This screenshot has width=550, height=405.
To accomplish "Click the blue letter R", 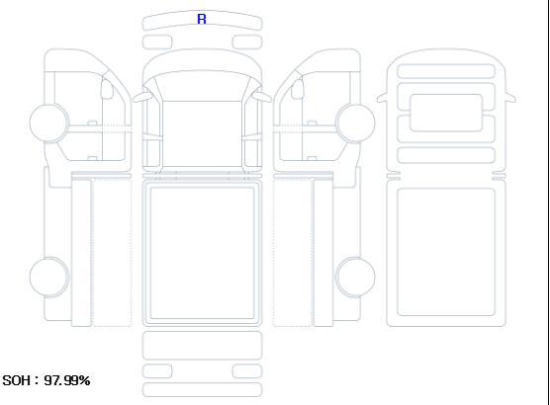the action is pos(202,19).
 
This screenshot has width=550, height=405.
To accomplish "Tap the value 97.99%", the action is pos(67,380).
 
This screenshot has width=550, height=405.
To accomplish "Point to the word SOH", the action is pos(16,380).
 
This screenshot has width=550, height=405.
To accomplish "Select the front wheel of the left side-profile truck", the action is pos(49,122).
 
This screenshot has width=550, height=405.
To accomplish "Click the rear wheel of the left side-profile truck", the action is pos(49,277).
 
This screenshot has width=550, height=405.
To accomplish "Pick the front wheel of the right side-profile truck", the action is pos(355,122).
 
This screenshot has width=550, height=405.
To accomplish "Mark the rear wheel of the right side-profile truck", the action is pos(355,277).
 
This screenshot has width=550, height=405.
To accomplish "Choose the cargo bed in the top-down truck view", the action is pos(202,253).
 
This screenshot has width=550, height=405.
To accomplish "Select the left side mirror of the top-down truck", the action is pos(141,97).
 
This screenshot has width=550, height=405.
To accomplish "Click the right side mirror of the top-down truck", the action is pos(262,97).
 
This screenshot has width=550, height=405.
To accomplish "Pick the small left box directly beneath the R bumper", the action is pos(157,42).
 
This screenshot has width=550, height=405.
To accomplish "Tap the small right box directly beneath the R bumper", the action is pos(247,42).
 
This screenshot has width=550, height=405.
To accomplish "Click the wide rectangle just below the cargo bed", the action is pos(202,346).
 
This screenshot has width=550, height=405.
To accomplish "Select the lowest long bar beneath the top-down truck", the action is pos(202,390).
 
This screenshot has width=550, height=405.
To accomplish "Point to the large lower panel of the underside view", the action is pos(446,252).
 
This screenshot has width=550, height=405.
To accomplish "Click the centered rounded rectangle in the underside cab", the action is pos(446,113).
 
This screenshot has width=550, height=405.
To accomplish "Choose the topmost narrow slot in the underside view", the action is pos(446,71).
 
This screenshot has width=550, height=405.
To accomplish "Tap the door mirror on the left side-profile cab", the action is pos(107,89).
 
